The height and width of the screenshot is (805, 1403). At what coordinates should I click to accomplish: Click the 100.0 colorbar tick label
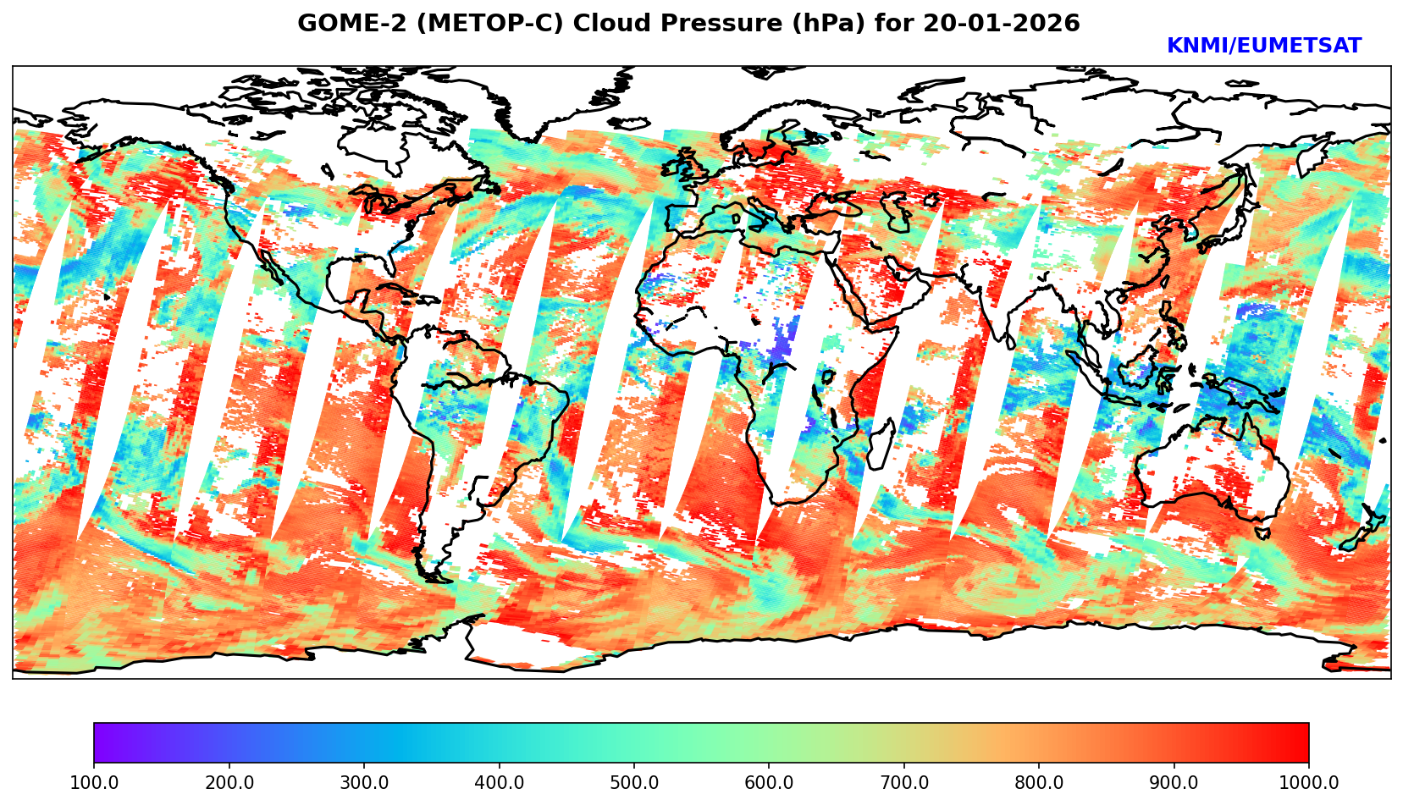[94, 783]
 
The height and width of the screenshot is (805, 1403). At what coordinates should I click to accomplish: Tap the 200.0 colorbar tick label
[229, 783]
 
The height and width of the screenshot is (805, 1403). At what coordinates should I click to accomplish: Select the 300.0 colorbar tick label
[364, 783]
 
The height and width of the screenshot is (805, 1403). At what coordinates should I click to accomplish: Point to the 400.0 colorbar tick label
[499, 783]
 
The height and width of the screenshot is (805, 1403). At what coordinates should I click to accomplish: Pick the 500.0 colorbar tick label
[634, 783]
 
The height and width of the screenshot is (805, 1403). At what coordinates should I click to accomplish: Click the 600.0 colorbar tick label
[769, 783]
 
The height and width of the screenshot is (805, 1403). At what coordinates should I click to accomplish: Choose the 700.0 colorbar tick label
[904, 783]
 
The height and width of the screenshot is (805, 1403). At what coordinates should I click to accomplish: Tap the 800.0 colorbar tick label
[1039, 783]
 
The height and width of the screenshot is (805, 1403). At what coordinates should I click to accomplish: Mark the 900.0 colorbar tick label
[1174, 783]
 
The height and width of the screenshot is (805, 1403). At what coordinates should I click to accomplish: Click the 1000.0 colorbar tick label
[1308, 783]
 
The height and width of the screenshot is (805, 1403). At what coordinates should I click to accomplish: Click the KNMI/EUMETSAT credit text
[1263, 47]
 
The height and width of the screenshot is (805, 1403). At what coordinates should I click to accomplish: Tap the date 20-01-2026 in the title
[1002, 24]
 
